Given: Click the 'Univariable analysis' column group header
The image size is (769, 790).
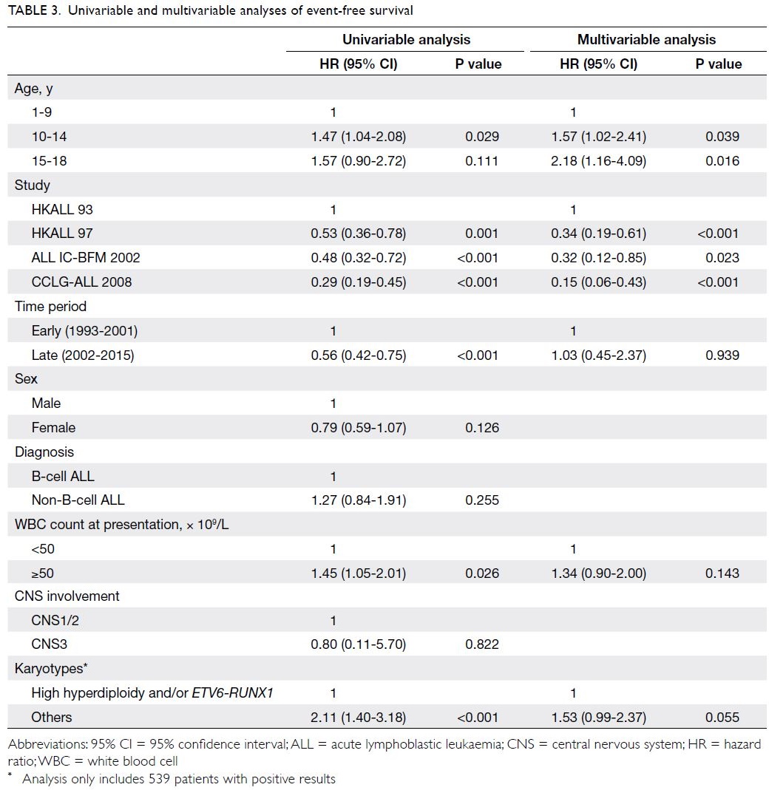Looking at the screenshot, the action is click(407, 39).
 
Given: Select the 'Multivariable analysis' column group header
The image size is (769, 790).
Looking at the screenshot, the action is click(646, 39).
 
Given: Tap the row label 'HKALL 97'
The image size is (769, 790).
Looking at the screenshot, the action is click(62, 234).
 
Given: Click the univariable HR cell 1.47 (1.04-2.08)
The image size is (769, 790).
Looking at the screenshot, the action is click(359, 137).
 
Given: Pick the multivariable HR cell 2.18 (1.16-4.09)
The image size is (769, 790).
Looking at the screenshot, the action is click(598, 160).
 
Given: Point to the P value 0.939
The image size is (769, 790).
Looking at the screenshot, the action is click(722, 355).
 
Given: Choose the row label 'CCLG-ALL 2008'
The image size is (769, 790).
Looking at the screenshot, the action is click(81, 282).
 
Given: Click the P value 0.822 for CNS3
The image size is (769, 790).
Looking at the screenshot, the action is click(482, 644).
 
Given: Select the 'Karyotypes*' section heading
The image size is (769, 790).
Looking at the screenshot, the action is click(51, 669).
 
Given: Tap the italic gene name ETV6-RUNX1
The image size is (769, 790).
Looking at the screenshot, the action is click(232, 692).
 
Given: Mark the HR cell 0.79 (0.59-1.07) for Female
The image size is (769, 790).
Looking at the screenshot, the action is click(359, 428).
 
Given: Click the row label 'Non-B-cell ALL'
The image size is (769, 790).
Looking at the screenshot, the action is click(78, 500).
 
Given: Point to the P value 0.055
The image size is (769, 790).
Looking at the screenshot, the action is click(722, 718).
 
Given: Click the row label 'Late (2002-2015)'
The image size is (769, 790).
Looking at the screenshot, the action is click(83, 355).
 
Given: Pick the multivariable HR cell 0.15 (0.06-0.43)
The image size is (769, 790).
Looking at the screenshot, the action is click(598, 282).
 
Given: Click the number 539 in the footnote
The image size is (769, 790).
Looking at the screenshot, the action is click(160, 779).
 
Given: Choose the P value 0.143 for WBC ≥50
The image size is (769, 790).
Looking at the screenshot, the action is click(722, 573).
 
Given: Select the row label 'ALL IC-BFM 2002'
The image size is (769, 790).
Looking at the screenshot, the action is click(86, 257).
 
